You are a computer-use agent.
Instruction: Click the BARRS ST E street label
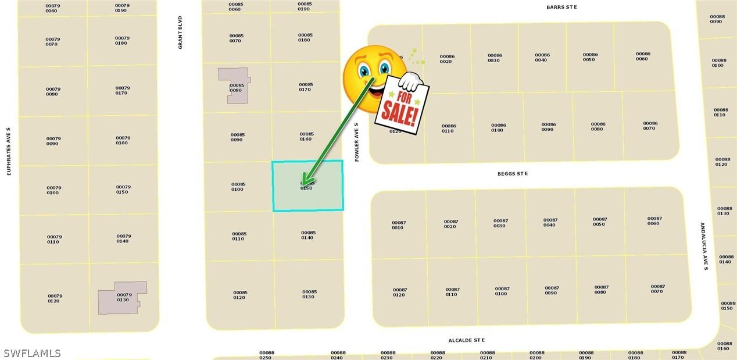(x=561, y=7)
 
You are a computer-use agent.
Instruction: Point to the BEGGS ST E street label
(x=512, y=174)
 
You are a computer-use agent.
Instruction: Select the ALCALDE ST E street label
(x=466, y=340)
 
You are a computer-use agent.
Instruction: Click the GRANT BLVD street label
(x=180, y=33)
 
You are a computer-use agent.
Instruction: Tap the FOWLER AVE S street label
(x=357, y=142)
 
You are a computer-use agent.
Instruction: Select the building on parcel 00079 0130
(x=121, y=298)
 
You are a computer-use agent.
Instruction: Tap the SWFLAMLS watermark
(x=32, y=353)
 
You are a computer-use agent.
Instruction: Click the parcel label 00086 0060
(x=642, y=56)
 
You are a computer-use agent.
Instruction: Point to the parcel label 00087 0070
(x=657, y=288)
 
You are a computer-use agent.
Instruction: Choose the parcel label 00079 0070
(x=53, y=41)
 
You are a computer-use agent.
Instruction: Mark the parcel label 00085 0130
(x=309, y=294)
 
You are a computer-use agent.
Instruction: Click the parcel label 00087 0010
(x=398, y=225)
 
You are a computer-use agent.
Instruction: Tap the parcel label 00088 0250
(x=266, y=355)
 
